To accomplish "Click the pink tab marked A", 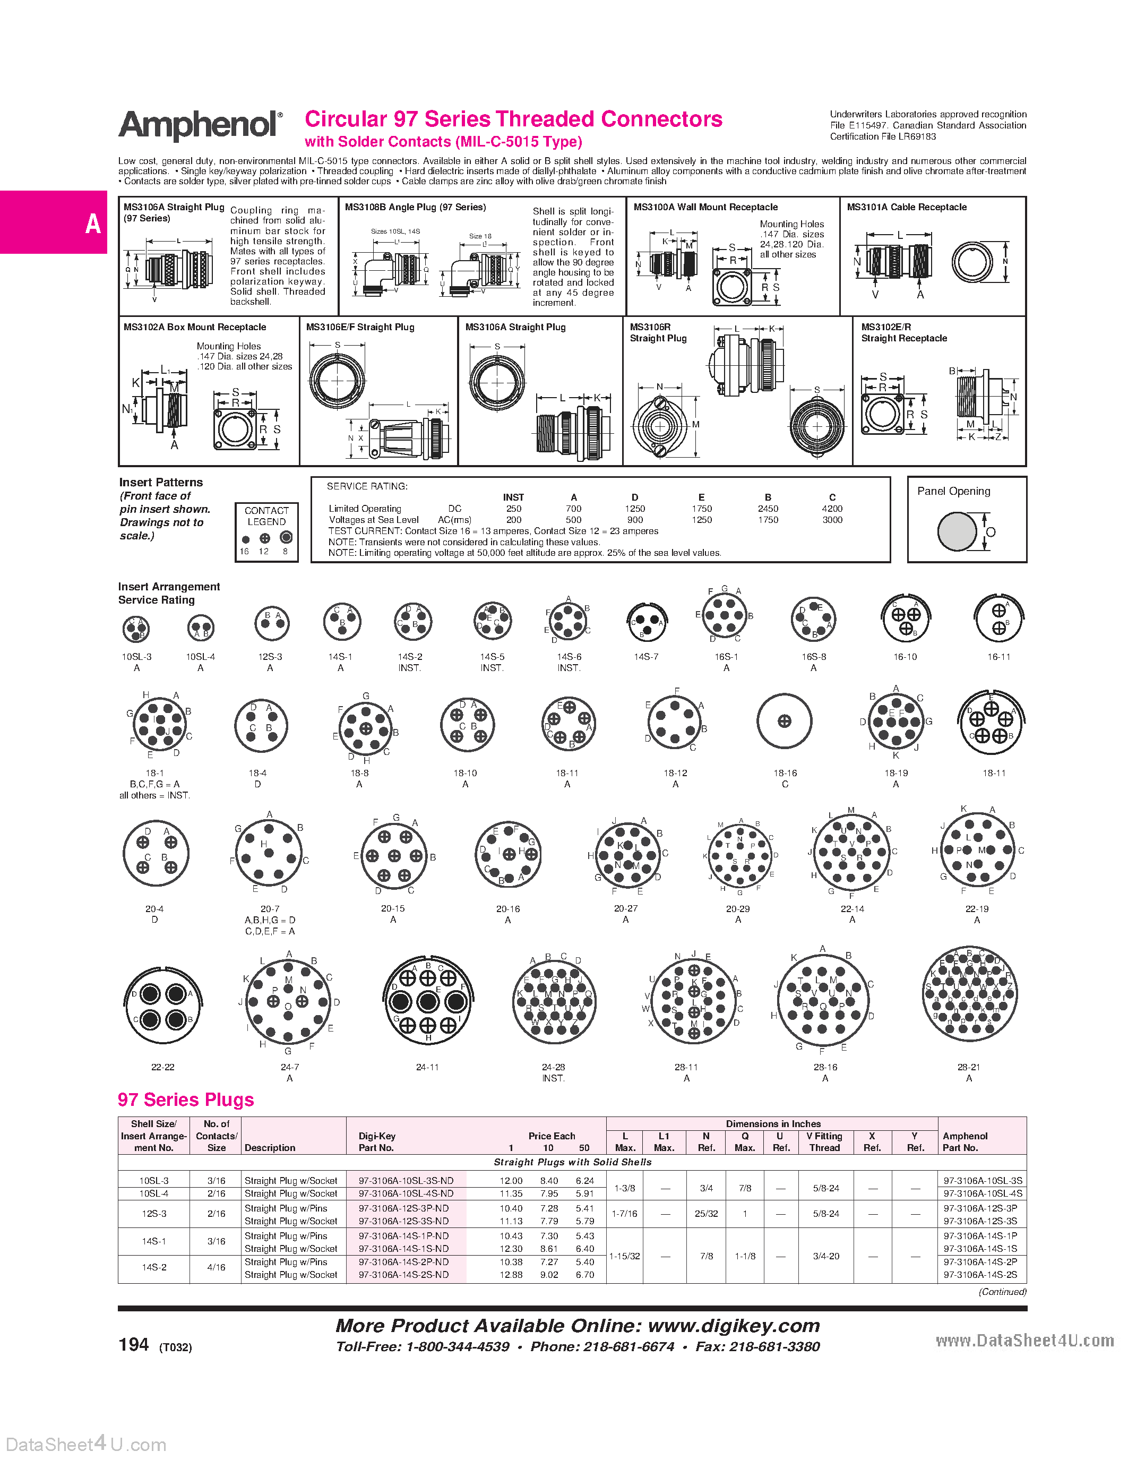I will click(54, 222).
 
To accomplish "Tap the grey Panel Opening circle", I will click(957, 531).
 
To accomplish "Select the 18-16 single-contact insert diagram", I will click(784, 722).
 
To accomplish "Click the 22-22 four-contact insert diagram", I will click(162, 1007).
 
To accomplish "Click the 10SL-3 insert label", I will click(136, 656).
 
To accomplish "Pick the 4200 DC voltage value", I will click(832, 509).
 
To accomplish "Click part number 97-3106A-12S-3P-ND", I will click(403, 1208).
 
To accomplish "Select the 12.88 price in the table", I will click(511, 1274).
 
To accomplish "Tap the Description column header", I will click(270, 1148).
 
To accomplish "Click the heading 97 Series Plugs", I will click(186, 1100).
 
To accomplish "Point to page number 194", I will click(134, 1344).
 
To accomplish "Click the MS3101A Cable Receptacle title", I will click(906, 207).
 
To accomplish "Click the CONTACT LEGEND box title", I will click(266, 516).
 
